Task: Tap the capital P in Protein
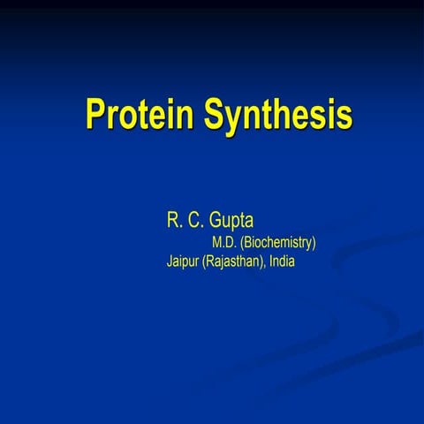(95, 114)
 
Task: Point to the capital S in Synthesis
(216, 114)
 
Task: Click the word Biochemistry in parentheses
(278, 242)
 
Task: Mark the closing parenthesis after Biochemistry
(314, 242)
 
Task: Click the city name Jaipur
(183, 261)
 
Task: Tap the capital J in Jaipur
(170, 261)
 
